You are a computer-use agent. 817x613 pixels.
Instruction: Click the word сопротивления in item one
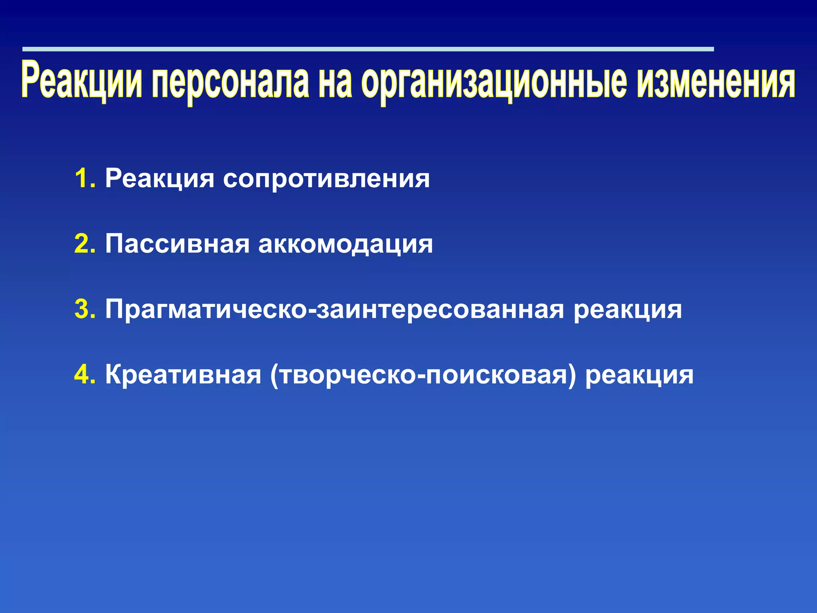(326, 179)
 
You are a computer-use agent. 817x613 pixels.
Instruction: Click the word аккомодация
(345, 244)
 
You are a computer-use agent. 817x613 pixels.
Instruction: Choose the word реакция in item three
(628, 310)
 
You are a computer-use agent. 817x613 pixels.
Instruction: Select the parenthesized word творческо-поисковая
(423, 375)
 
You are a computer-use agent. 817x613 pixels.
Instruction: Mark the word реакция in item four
(639, 375)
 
